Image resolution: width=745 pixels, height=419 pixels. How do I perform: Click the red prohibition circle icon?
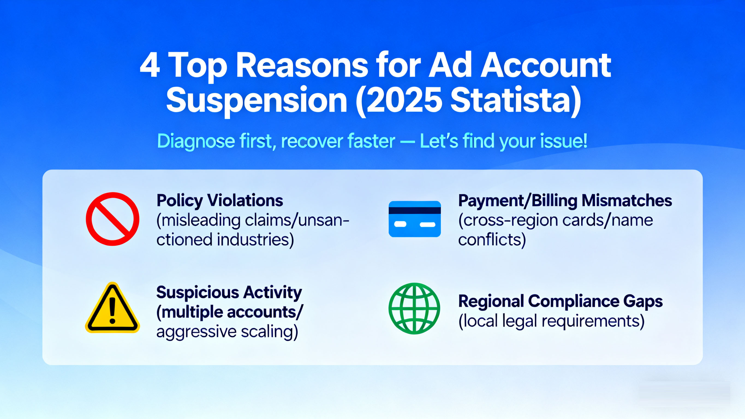(112, 219)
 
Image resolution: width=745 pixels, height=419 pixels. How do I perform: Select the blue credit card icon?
(415, 219)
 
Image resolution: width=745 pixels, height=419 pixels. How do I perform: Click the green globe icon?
(414, 308)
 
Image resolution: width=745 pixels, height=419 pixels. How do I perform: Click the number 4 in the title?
(150, 66)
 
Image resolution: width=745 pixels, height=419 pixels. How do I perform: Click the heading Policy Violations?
(220, 201)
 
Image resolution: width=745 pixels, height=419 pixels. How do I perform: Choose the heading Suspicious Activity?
(229, 293)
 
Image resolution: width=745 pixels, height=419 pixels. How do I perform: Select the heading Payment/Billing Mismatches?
(565, 201)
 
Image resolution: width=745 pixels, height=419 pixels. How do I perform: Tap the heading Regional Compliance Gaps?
(561, 302)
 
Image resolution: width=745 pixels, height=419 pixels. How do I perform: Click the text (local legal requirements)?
(552, 321)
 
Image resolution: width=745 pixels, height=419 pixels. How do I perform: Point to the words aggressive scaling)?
(227, 332)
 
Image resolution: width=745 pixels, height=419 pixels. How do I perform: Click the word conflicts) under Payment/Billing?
(492, 240)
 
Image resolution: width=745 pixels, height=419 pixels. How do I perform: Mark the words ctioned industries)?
(225, 240)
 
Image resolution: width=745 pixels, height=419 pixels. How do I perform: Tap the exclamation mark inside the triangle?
(112, 310)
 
